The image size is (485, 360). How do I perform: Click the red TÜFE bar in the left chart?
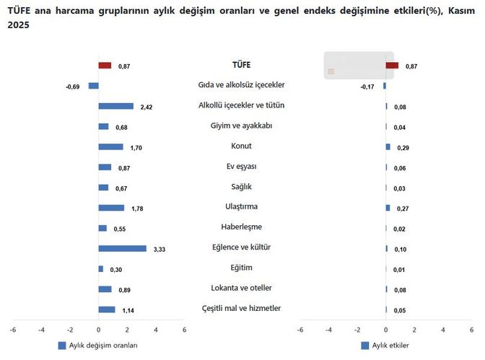(x=105, y=66)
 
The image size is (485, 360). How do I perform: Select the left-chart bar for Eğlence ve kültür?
(x=122, y=249)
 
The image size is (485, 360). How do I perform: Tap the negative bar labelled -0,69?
(x=93, y=86)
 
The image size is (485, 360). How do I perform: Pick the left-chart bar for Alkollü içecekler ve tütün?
(x=115, y=106)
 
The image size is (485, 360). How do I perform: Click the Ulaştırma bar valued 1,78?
(x=111, y=208)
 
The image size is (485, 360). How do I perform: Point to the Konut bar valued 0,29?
(x=388, y=146)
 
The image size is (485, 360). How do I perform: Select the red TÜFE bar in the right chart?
(x=392, y=66)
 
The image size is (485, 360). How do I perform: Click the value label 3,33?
(x=160, y=250)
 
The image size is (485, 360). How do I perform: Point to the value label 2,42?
(x=147, y=107)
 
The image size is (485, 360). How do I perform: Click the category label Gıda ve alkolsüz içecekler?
(x=242, y=85)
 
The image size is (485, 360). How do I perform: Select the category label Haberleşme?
(x=242, y=227)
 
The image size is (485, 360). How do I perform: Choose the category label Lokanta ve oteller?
(x=242, y=289)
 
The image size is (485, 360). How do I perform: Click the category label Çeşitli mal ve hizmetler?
(x=242, y=309)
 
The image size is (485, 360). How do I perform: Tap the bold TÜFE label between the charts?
(x=242, y=65)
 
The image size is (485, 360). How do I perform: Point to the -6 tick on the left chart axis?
(x=12, y=330)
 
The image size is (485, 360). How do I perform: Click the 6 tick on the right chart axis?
(x=472, y=330)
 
